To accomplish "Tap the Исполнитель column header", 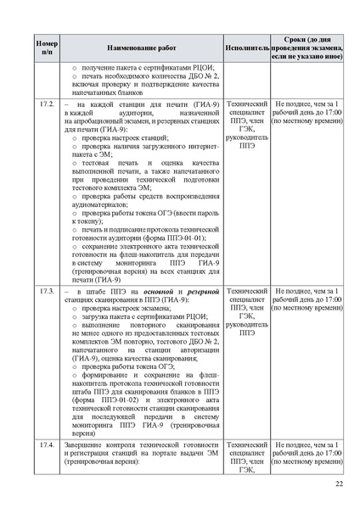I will tap(247, 47).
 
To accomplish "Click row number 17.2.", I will tap(47, 103).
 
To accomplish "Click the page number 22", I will tap(338, 483).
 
